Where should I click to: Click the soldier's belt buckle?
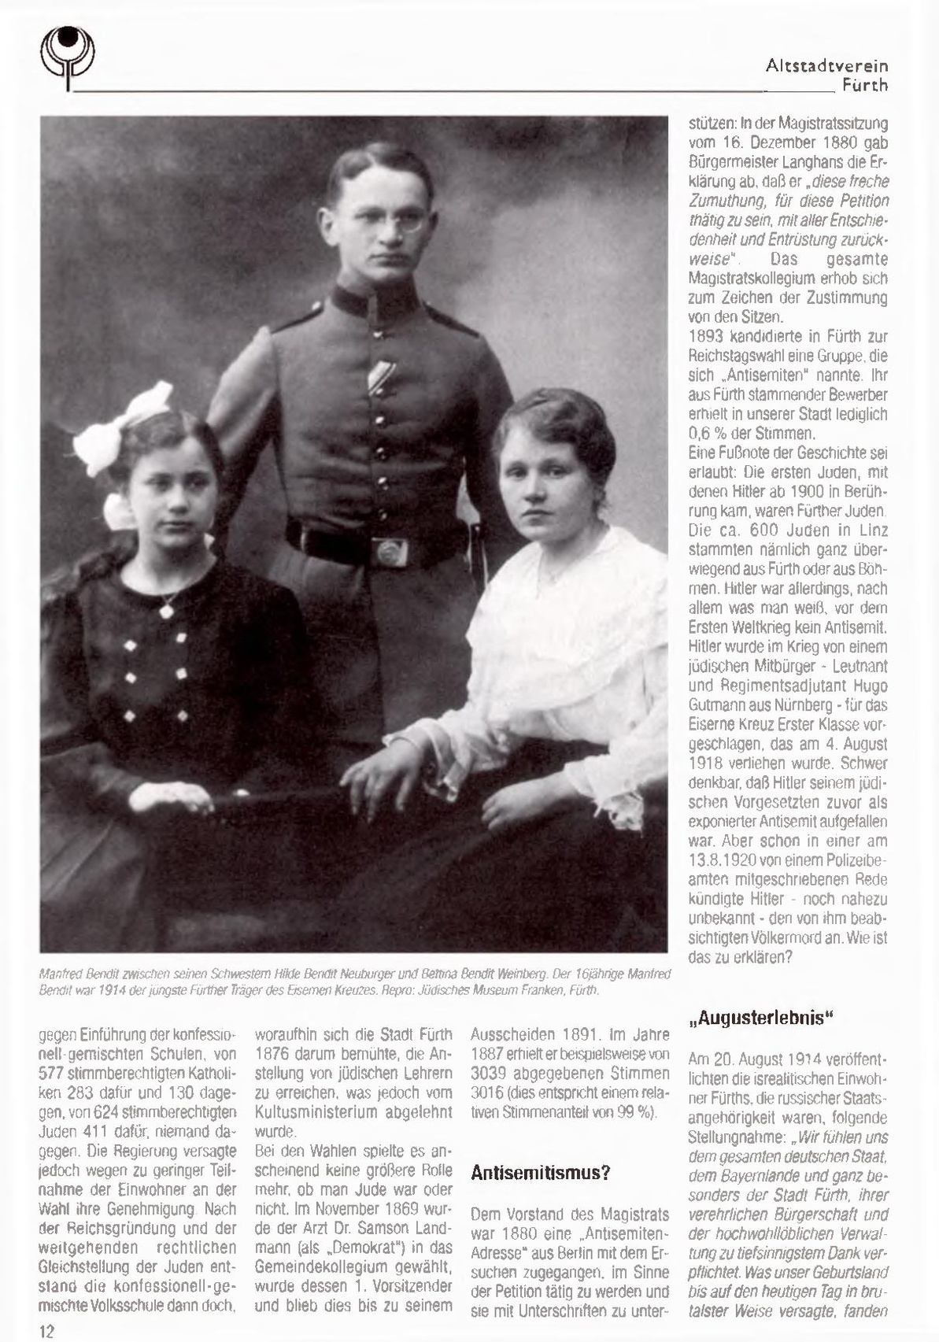click(390, 550)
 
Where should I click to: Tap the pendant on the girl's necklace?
click(167, 609)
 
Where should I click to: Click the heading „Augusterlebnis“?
click(760, 1018)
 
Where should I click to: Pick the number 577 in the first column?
click(54, 1073)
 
